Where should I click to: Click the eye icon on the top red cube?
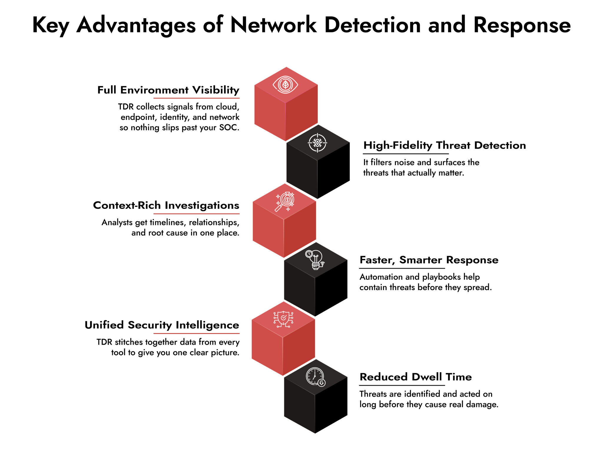coord(285,85)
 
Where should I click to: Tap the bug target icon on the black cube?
coord(317,143)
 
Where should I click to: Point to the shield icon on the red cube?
coord(283,319)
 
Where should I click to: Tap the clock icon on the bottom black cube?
coord(315,377)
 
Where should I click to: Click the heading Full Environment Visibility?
coord(168,90)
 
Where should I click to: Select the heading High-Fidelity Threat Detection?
coord(444,145)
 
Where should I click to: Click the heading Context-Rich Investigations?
coord(166,205)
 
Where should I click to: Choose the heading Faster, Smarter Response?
coord(429,260)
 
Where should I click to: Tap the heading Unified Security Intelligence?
coord(162,325)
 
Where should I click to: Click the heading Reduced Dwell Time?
coord(415,377)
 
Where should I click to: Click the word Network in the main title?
coord(273,25)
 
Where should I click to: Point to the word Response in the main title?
coord(522,25)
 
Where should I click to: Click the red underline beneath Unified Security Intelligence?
coord(196,334)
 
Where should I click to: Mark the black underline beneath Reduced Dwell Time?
coord(402,385)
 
